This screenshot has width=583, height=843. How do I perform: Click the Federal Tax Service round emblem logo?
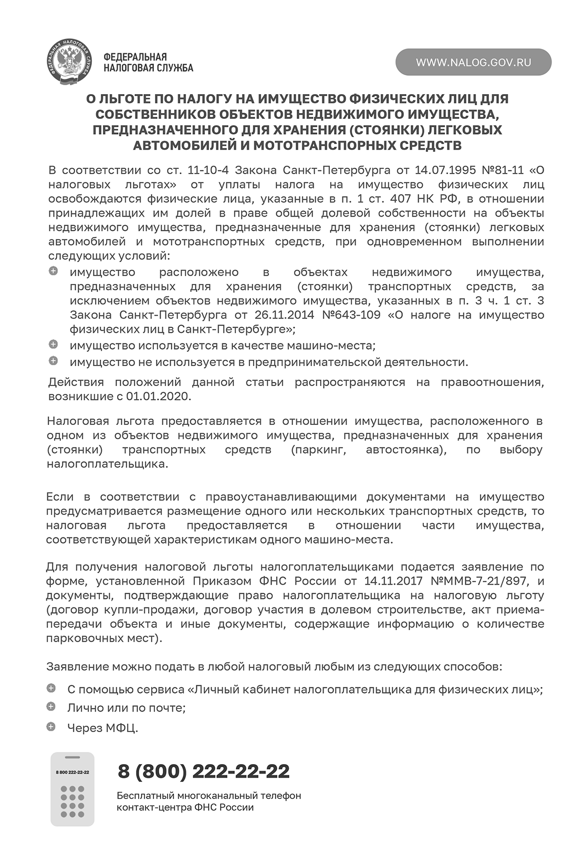click(69, 63)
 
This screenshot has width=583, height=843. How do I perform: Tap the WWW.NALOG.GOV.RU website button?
click(473, 63)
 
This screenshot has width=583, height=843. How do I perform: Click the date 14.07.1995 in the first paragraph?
click(445, 170)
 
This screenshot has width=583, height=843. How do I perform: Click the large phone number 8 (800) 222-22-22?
click(204, 771)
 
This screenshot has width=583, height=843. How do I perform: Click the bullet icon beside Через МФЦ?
click(51, 727)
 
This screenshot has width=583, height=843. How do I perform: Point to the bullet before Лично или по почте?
click(51, 706)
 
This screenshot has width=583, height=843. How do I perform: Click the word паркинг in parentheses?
click(319, 450)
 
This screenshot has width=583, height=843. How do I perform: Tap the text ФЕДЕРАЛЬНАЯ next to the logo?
click(135, 57)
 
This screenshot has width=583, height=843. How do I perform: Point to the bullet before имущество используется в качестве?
click(53, 344)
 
